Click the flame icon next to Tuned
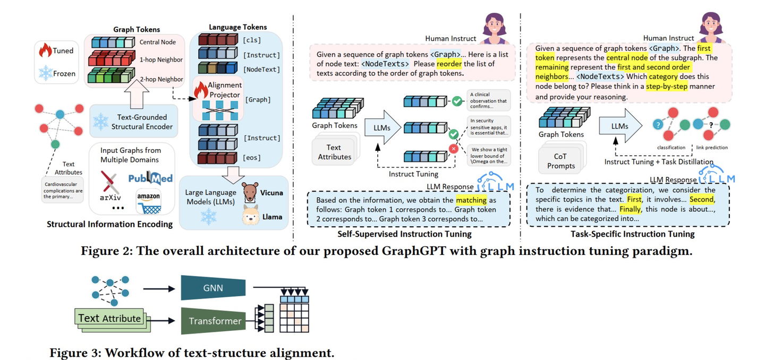pyautogui.click(x=45, y=50)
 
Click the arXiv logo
pyautogui.click(x=110, y=186)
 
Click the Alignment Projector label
pyautogui.click(x=225, y=90)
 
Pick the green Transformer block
pyautogui.click(x=214, y=321)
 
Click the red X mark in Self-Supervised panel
pyautogui.click(x=454, y=149)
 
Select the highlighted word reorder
pyautogui.click(x=449, y=64)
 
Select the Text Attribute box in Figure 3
pyautogui.click(x=109, y=319)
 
